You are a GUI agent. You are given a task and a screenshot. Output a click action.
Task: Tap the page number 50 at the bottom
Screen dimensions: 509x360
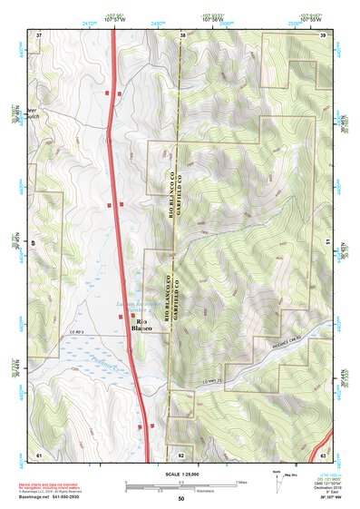[180, 498]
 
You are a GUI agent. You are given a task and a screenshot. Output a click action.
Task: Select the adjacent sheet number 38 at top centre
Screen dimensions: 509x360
[182, 34]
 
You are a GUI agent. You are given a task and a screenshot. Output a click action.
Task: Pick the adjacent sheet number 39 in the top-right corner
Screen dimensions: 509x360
[324, 34]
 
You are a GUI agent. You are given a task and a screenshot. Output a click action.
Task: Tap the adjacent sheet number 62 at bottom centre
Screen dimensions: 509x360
[182, 453]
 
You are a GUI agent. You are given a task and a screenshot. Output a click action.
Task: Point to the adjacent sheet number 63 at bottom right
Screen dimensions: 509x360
[324, 453]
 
